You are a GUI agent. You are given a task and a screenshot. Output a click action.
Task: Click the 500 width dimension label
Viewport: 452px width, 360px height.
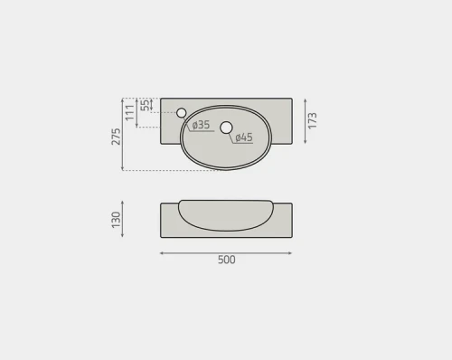pyautogui.click(x=226, y=261)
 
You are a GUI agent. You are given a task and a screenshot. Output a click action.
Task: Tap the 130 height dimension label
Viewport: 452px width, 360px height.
pyautogui.click(x=116, y=220)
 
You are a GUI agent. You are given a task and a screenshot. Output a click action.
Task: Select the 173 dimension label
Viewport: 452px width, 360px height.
pyautogui.click(x=313, y=120)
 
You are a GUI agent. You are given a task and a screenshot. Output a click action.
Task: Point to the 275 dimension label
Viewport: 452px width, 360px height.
pyautogui.click(x=116, y=137)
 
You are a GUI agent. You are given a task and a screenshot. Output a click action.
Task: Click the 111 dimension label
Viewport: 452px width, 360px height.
pyautogui.click(x=129, y=113)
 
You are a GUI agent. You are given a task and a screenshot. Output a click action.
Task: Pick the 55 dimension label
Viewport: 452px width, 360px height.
pyautogui.click(x=144, y=105)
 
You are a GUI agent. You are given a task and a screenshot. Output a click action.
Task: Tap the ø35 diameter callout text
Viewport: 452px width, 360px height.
pyautogui.click(x=202, y=125)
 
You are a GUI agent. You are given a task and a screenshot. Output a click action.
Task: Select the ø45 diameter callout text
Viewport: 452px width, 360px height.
pyautogui.click(x=243, y=137)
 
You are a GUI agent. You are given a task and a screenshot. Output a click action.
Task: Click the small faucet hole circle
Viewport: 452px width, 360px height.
pyautogui.click(x=181, y=112)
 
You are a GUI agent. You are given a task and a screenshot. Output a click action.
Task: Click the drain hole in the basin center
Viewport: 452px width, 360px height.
pyautogui.click(x=226, y=128)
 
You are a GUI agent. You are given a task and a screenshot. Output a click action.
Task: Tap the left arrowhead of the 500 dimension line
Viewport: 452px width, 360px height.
pyautogui.click(x=162, y=253)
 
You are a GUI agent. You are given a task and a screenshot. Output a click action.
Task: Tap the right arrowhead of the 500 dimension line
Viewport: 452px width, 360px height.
pyautogui.click(x=291, y=253)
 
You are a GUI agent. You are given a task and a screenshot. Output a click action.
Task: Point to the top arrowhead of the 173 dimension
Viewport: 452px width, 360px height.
pyautogui.click(x=305, y=99)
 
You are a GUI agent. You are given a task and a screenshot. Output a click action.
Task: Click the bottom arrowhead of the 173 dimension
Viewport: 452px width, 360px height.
pyautogui.click(x=305, y=143)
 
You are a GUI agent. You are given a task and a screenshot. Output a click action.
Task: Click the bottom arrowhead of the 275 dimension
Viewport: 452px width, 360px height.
pyautogui.click(x=124, y=169)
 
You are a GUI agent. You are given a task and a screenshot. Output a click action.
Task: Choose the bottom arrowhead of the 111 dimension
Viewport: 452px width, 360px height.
pyautogui.click(x=137, y=127)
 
